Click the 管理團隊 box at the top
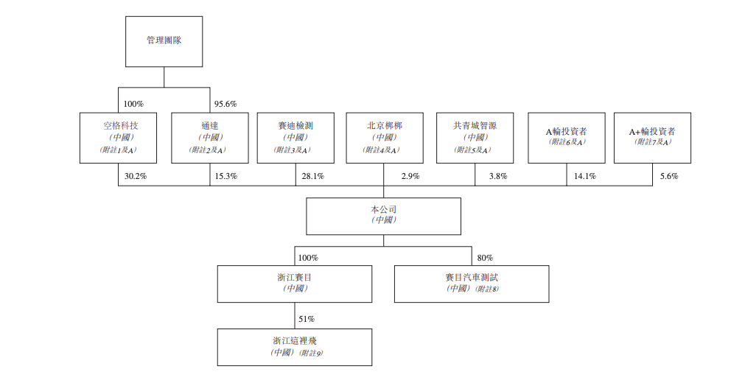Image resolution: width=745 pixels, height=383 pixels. (x=164, y=41)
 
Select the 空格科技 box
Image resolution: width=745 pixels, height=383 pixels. (x=119, y=138)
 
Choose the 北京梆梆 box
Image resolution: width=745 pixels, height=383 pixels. (x=384, y=138)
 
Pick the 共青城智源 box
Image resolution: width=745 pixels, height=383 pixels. (x=475, y=138)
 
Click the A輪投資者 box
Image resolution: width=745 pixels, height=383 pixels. (x=566, y=138)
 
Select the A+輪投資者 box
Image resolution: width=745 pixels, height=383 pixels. (x=652, y=138)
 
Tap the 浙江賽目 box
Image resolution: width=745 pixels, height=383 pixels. (x=294, y=284)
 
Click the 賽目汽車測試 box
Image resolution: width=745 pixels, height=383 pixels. (x=472, y=284)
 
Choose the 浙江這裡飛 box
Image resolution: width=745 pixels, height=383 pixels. (x=294, y=347)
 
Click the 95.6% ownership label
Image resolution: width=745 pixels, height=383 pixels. (x=225, y=104)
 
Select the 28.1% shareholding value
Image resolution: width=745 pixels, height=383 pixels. (x=312, y=176)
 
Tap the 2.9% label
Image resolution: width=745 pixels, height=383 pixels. (x=411, y=176)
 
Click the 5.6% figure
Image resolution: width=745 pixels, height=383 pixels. (x=668, y=176)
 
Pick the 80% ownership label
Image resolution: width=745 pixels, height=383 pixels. (x=485, y=258)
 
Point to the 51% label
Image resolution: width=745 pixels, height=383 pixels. (x=307, y=319)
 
